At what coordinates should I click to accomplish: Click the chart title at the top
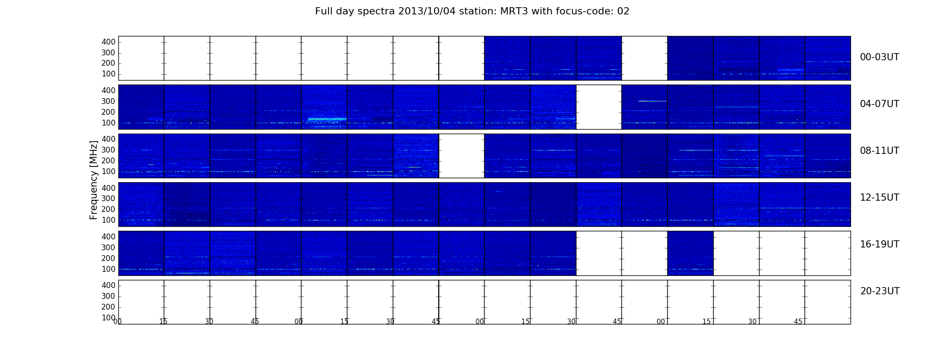(472, 11)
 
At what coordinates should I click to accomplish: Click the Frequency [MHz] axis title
(94, 180)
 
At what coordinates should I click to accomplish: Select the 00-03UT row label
(879, 57)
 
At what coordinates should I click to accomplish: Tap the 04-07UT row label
(879, 104)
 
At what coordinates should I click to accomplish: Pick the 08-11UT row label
(879, 151)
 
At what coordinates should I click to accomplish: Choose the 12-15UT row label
(879, 198)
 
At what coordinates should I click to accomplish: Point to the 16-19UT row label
(879, 244)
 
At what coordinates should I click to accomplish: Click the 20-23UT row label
(880, 291)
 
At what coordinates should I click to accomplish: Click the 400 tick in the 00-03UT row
(108, 42)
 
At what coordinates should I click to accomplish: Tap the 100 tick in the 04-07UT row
(108, 123)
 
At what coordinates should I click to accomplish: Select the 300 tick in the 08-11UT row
(108, 150)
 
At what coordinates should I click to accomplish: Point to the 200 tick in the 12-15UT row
(108, 209)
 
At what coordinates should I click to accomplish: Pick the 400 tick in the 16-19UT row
(108, 237)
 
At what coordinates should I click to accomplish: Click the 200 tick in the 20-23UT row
(108, 307)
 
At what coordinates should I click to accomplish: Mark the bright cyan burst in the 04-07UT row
(327, 119)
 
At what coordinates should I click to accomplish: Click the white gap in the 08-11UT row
(461, 156)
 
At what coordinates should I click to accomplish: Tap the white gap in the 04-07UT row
(598, 107)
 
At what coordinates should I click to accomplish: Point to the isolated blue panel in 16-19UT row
(690, 253)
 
